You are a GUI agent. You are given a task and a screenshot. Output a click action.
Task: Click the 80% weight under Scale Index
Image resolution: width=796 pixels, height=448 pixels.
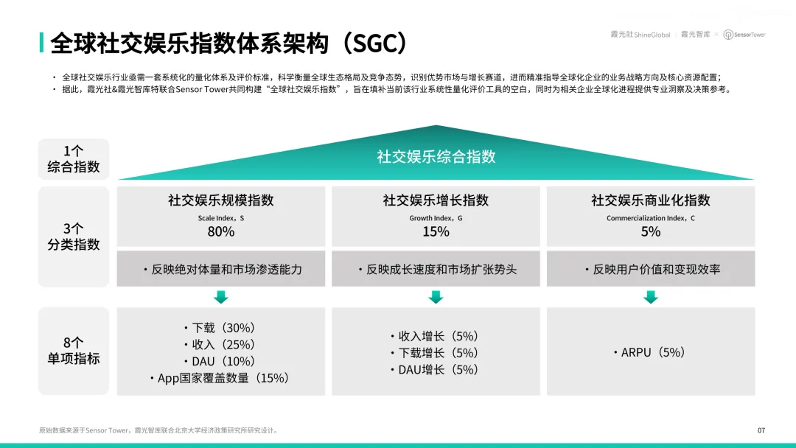221,232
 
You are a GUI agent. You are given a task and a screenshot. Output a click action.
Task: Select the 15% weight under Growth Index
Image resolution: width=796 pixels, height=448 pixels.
436,232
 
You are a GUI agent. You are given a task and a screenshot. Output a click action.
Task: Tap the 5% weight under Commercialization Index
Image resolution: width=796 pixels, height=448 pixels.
650,232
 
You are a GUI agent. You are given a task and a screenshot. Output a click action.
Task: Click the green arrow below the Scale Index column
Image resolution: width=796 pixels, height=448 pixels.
221,297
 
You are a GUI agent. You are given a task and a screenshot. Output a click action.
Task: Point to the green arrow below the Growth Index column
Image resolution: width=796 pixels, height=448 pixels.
436,297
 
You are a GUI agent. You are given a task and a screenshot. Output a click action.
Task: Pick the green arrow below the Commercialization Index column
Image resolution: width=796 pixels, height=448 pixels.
650,297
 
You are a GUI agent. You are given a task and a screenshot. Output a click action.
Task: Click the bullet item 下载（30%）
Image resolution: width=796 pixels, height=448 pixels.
220,328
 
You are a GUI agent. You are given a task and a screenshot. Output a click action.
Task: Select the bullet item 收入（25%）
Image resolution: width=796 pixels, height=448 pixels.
220,345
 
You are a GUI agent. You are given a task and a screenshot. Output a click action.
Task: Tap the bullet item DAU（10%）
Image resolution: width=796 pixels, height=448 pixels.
220,362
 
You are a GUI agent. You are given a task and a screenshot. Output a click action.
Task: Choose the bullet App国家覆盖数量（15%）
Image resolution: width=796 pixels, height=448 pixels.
220,379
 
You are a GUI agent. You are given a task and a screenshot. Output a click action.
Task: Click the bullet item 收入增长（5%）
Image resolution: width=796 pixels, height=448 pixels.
435,337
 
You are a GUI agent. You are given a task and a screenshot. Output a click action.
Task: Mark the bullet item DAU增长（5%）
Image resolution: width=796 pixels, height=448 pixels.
435,370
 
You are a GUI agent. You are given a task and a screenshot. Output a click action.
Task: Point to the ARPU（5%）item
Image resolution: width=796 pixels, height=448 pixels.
649,353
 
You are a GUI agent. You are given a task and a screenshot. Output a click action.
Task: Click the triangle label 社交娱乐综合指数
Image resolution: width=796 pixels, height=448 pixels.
436,157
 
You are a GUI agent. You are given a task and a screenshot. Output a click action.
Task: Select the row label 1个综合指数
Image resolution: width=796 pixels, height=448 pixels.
74,159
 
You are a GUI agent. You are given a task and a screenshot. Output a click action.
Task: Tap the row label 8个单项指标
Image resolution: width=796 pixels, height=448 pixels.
74,351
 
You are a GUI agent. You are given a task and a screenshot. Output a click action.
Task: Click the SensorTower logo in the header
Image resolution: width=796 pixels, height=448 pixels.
744,35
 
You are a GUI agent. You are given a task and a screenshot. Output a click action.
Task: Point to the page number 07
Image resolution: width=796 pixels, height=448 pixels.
761,430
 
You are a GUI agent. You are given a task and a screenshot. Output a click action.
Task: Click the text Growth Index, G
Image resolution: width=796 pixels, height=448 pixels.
436,218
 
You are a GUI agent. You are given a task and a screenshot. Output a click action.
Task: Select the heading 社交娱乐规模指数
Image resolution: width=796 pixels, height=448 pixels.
221,200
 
